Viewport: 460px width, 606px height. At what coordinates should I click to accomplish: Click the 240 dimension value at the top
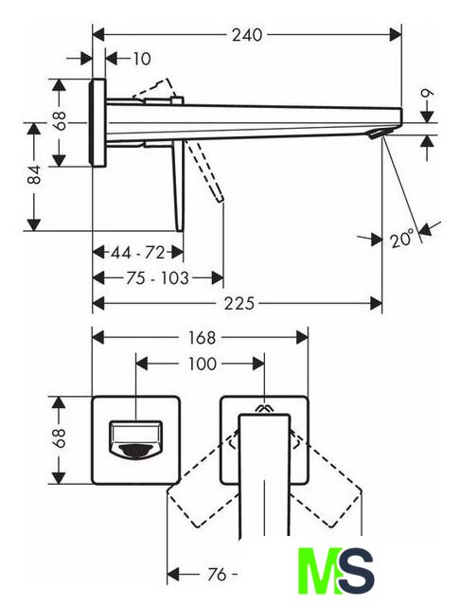pyautogui.click(x=246, y=35)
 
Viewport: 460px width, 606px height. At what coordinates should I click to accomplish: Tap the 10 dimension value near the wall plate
pyautogui.click(x=141, y=59)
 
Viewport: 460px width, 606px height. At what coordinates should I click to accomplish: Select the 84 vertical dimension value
pyautogui.click(x=34, y=174)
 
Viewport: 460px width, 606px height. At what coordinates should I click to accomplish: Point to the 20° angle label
pyautogui.click(x=401, y=239)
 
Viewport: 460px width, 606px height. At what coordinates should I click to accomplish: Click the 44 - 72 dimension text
pyautogui.click(x=138, y=253)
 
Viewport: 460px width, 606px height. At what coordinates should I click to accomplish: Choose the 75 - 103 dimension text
pyautogui.click(x=157, y=278)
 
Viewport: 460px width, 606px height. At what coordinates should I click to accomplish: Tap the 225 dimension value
pyautogui.click(x=239, y=303)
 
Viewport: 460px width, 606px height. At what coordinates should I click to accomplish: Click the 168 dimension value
pyautogui.click(x=202, y=338)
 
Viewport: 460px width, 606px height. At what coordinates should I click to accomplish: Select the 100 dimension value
pyautogui.click(x=202, y=364)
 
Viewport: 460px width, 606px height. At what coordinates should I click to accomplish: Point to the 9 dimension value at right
pyautogui.click(x=427, y=93)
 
